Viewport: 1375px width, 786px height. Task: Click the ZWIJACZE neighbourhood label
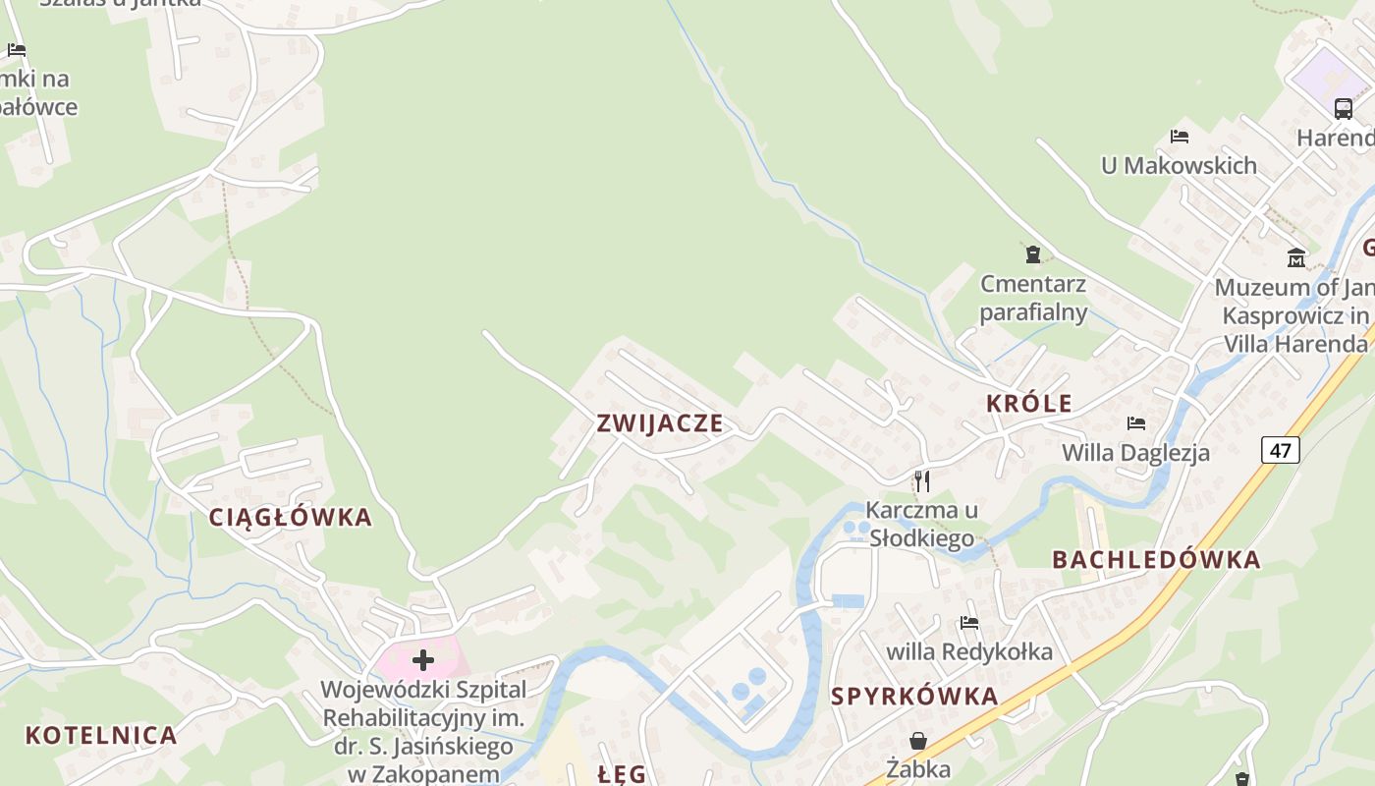tap(660, 423)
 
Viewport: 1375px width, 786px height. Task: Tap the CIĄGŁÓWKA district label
tap(291, 517)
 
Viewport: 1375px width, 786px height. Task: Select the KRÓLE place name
tap(1029, 403)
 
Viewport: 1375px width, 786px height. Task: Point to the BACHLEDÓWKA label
tap(1156, 560)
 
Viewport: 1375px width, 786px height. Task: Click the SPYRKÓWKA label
tap(914, 697)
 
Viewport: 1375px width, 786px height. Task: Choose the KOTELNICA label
tap(101, 735)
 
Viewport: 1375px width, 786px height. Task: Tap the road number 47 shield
tap(1281, 450)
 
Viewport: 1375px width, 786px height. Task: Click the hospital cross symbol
tap(423, 659)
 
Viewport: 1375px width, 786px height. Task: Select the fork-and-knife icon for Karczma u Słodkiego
tap(921, 480)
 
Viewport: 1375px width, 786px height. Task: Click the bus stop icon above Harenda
tap(1344, 108)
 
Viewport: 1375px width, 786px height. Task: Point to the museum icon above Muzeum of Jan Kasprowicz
tap(1296, 258)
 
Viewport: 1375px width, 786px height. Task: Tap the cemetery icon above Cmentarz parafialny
tap(1033, 255)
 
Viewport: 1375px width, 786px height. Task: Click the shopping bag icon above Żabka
tap(918, 740)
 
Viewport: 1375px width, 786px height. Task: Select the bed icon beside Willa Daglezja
tap(1136, 423)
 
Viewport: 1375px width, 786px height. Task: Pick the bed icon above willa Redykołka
tap(969, 622)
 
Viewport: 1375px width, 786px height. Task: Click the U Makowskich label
tap(1179, 165)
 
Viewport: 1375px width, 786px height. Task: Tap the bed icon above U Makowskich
tap(1180, 136)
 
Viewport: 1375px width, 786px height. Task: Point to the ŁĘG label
tap(623, 774)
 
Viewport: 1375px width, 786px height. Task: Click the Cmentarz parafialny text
tap(1033, 299)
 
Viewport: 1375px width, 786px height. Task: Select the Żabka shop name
tap(918, 768)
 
